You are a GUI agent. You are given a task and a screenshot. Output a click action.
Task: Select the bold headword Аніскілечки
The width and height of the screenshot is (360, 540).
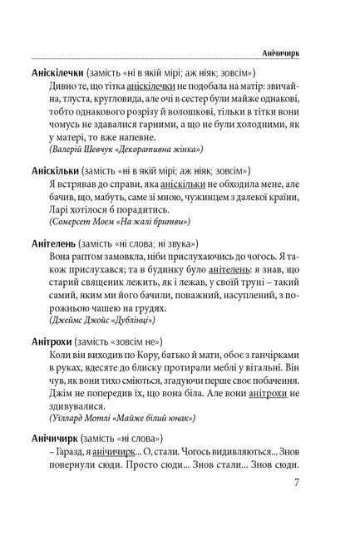tap(58, 72)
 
